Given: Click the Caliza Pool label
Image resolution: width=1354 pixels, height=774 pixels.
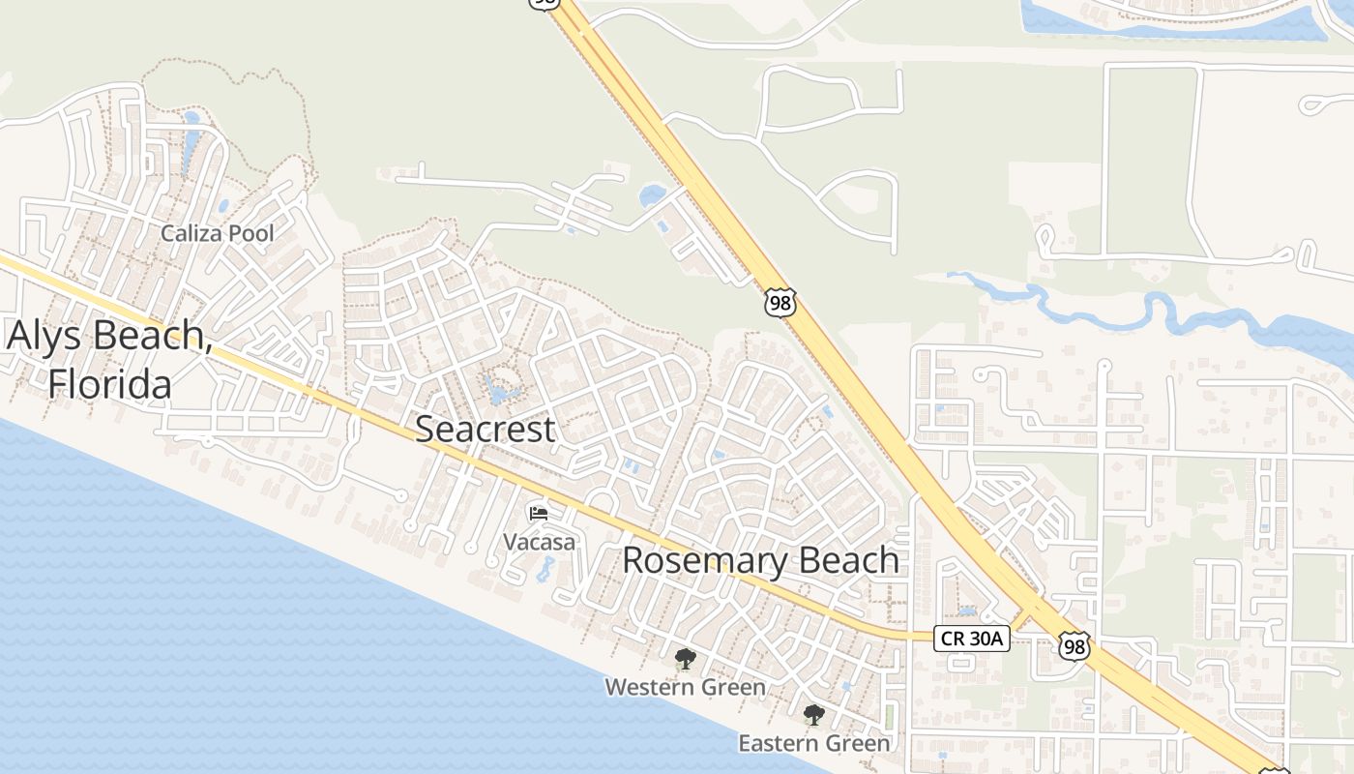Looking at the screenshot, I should (217, 233).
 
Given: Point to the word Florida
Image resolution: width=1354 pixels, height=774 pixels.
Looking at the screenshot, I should (110, 384).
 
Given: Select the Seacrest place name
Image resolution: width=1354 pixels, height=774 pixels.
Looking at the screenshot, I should (486, 430).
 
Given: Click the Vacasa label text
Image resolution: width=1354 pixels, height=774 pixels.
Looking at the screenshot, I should (539, 542).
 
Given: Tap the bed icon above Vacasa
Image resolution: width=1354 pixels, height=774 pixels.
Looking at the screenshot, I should (539, 513).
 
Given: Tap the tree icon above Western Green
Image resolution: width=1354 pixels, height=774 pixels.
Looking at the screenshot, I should (686, 660).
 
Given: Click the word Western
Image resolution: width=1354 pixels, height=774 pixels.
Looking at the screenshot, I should (649, 687).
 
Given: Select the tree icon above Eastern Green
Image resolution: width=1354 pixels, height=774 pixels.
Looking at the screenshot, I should (813, 716).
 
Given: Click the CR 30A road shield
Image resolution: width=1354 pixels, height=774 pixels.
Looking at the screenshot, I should (972, 639).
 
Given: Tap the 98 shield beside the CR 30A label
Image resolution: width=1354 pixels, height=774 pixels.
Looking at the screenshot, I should (1073, 646).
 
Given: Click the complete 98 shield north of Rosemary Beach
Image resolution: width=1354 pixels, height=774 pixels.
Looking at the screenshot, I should (780, 302).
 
